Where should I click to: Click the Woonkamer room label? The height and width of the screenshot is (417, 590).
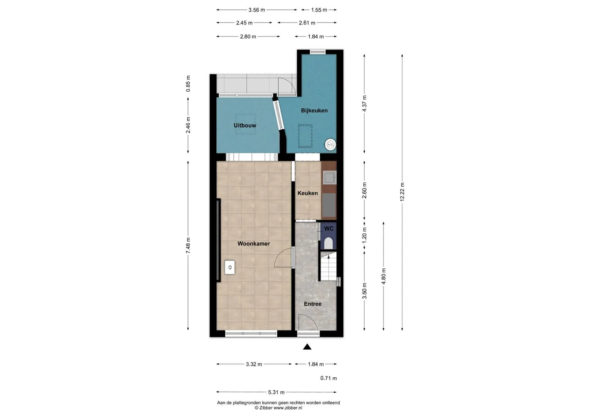click(x=254, y=244)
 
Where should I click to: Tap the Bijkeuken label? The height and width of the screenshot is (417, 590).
click(x=314, y=111)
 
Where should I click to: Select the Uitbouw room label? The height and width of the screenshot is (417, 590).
click(x=245, y=125)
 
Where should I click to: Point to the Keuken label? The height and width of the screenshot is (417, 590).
click(x=308, y=193)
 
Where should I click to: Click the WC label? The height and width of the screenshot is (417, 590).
click(x=329, y=229)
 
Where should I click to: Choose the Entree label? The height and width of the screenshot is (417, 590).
click(x=313, y=304)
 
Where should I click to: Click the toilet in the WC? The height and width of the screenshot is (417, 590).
click(x=328, y=243)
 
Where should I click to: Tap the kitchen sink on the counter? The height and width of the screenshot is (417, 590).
click(x=329, y=177)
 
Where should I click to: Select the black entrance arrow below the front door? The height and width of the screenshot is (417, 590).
click(x=307, y=347)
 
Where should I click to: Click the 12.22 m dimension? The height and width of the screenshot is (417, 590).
click(x=402, y=192)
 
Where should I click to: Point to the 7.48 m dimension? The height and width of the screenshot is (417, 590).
click(x=188, y=246)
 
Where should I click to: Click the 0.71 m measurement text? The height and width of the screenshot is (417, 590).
click(x=329, y=378)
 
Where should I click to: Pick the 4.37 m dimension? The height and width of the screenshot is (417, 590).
click(x=364, y=104)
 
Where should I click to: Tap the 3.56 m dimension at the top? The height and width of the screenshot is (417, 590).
click(x=256, y=10)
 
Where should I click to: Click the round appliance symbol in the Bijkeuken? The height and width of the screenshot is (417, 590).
click(x=330, y=145)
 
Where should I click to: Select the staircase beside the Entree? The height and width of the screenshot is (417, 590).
click(x=329, y=266)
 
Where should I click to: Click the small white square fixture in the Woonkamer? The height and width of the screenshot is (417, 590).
click(x=230, y=267)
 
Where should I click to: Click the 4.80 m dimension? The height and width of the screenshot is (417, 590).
click(x=383, y=276)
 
